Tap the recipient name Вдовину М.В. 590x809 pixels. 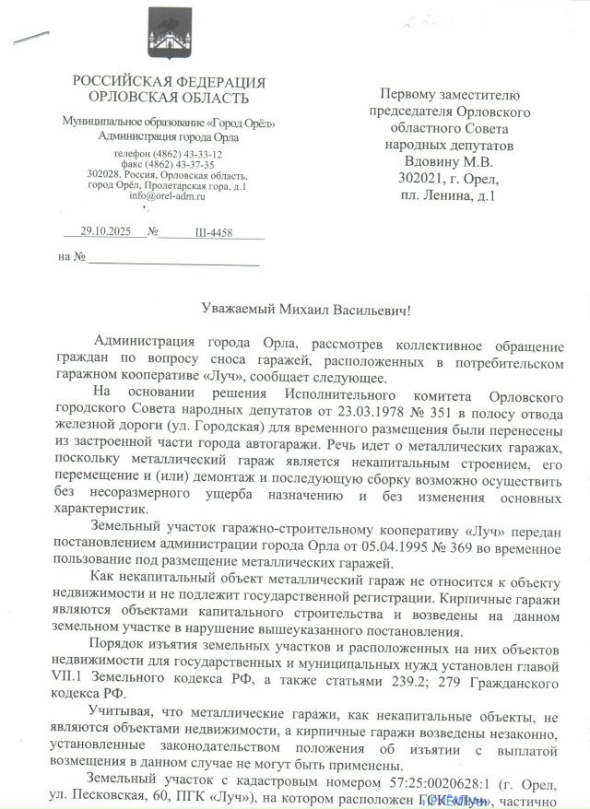tap(450, 160)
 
